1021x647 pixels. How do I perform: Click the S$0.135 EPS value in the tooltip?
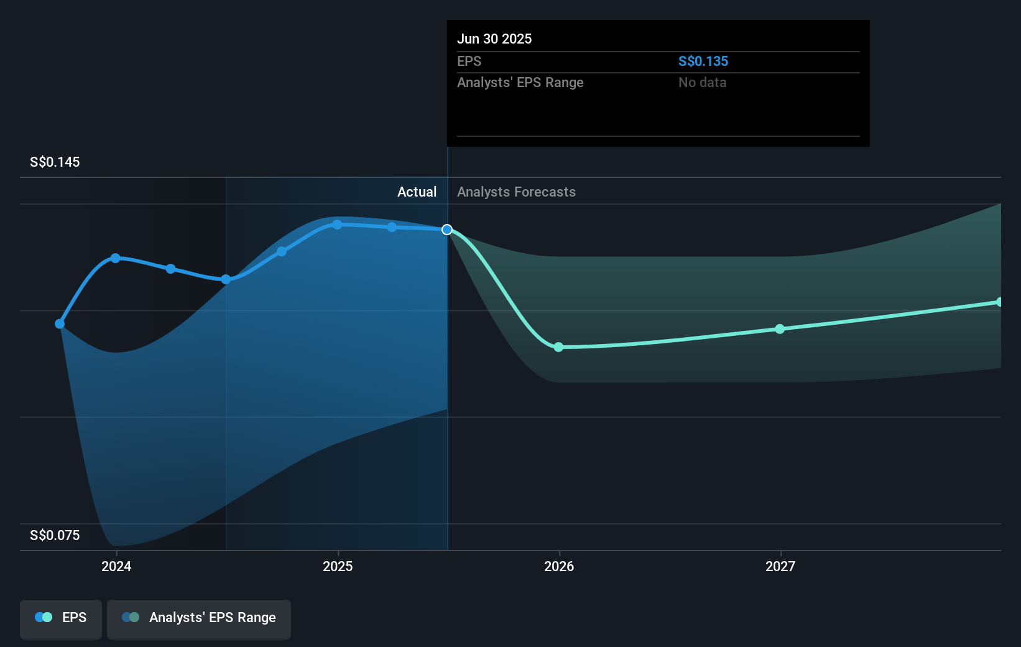click(x=703, y=61)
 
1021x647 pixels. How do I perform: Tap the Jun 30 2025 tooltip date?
click(x=494, y=39)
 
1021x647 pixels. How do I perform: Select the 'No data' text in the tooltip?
click(x=702, y=82)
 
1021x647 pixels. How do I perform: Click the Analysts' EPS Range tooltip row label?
click(x=520, y=82)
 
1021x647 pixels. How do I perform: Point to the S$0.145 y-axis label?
click(x=55, y=162)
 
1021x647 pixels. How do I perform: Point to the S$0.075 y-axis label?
click(x=55, y=535)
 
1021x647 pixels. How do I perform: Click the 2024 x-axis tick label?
click(x=116, y=566)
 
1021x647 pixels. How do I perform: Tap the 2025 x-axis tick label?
click(x=338, y=566)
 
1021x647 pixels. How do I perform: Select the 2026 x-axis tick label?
click(x=559, y=566)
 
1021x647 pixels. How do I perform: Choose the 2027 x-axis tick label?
click(x=780, y=566)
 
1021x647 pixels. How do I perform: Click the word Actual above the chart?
click(x=417, y=192)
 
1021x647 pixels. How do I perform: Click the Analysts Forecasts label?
click(x=516, y=192)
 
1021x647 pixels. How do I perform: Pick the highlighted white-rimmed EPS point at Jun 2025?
click(x=447, y=230)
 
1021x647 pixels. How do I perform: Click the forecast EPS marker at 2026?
click(x=558, y=347)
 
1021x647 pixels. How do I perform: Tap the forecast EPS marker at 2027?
click(x=780, y=328)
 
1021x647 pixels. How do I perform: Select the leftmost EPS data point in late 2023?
click(x=60, y=323)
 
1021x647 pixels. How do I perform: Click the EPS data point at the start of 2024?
click(x=115, y=258)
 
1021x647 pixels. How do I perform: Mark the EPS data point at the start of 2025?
click(x=337, y=225)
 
